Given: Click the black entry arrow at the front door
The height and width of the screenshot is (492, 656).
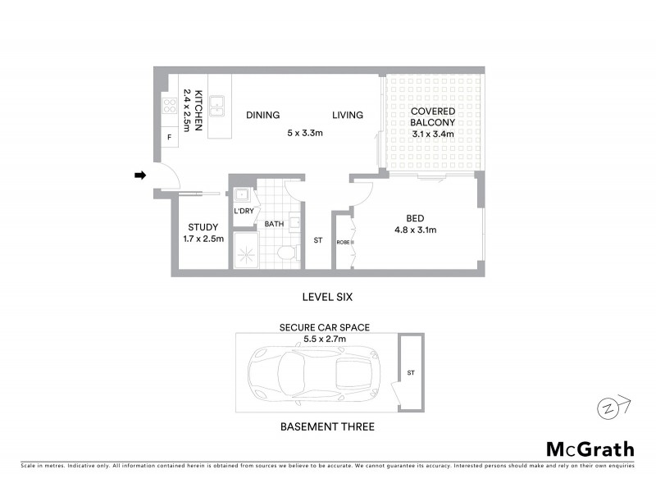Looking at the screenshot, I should [140, 175].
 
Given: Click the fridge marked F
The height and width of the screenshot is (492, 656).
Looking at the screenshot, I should [170, 137].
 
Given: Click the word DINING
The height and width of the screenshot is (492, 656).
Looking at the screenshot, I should [262, 116].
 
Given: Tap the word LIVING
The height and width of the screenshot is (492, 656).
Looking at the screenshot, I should [348, 116].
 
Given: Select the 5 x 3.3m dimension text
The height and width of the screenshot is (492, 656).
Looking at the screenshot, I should [304, 132].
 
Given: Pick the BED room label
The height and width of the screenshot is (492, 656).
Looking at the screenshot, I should [415, 218].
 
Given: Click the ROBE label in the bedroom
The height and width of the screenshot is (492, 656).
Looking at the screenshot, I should [342, 243].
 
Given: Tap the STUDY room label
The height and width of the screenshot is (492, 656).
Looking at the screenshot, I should [203, 227].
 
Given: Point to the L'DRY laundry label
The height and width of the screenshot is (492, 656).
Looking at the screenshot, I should [244, 212].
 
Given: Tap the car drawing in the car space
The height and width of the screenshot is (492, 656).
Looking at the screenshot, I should [313, 373].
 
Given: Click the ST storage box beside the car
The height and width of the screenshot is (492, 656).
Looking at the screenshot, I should [411, 372].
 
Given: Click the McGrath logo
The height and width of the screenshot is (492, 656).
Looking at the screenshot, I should [590, 449].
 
